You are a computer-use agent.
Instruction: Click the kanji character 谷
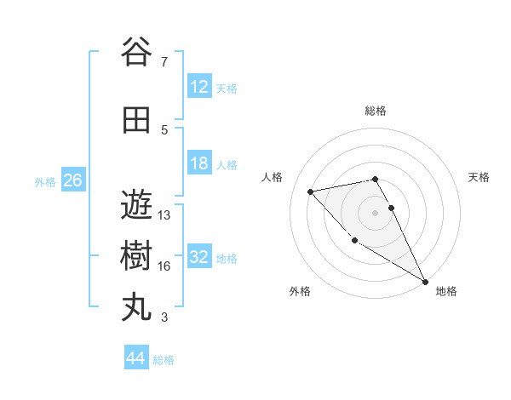pos(137,53)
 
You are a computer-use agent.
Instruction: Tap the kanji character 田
pos(137,121)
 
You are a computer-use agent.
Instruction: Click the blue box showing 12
pos(199,88)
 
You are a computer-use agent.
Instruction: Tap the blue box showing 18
pos(199,164)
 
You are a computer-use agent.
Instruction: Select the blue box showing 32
pos(199,258)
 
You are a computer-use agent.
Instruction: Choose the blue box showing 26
pos(72,180)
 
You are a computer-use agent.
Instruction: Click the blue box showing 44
pos(135,359)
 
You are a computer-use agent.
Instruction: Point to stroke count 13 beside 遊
pos(164,215)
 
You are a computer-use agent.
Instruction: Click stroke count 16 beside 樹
pos(164,266)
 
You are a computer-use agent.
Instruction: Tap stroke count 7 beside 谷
pos(164,62)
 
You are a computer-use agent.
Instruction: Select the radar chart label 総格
pos(376,111)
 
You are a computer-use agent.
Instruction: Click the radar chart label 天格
pos(479,177)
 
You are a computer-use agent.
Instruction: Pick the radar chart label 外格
pos(300,291)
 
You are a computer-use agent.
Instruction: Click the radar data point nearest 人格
pos(311,191)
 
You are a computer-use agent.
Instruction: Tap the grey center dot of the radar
pos(375,212)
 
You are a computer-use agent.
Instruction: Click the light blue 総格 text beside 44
pos(164,360)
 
